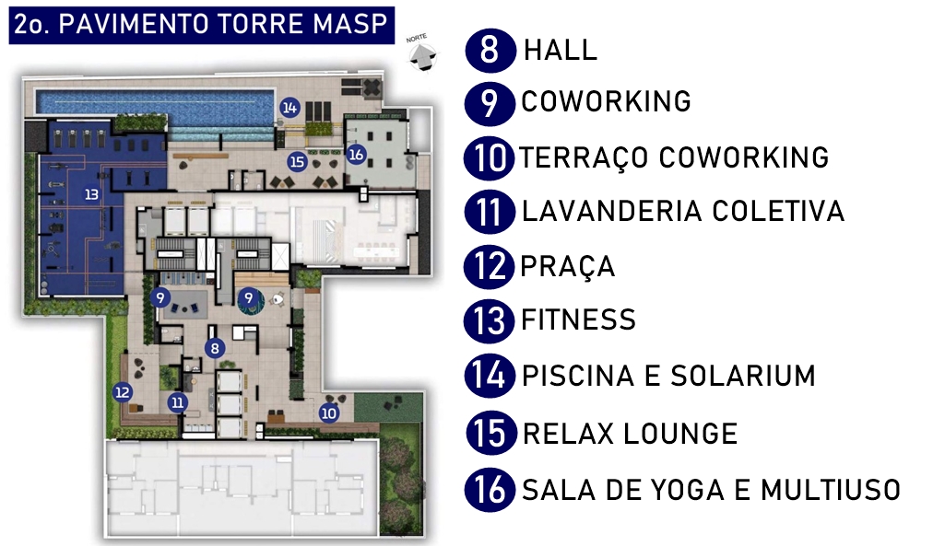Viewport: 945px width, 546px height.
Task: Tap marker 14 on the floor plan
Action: [x=289, y=108]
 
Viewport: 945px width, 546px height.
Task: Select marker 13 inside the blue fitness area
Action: [x=91, y=194]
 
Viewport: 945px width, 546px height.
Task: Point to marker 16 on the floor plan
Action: [x=356, y=154]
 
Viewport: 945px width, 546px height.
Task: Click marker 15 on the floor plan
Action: [x=297, y=161]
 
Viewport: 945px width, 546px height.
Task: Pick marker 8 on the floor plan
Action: [x=215, y=348]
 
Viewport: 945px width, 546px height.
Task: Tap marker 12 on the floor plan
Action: [x=123, y=392]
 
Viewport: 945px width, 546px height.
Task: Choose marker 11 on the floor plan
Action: [x=177, y=402]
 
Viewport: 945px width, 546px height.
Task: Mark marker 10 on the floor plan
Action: [x=328, y=413]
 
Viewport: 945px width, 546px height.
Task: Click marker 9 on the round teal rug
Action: [x=248, y=297]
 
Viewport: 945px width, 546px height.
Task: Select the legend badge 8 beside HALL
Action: [x=490, y=50]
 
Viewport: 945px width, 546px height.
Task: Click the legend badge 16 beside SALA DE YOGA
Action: [x=490, y=490]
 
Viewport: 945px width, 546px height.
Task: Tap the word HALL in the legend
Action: [x=561, y=50]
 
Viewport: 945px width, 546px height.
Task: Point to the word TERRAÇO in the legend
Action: [x=584, y=157]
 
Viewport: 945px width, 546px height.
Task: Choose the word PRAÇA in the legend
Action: [x=567, y=266]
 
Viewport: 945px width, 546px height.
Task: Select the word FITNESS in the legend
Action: [x=579, y=319]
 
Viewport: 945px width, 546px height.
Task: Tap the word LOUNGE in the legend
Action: [x=680, y=434]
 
